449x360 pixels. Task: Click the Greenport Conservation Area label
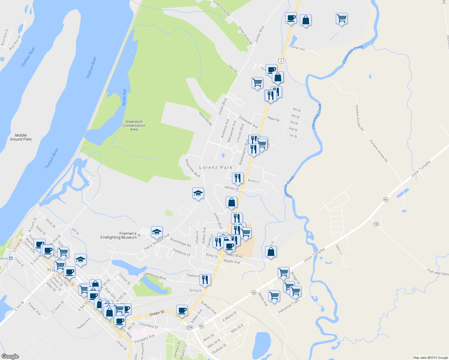point(134,125)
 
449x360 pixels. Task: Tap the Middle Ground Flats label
point(21,137)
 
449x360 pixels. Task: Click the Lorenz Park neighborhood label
point(216,167)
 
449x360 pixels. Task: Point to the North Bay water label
point(124,97)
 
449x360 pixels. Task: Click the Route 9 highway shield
point(281,61)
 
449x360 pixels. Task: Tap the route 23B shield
point(189,327)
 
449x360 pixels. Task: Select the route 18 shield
point(376,224)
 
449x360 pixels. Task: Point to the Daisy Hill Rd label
point(206,118)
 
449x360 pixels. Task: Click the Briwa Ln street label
point(254,181)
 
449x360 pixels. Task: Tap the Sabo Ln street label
point(339,250)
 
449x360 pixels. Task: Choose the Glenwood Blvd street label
point(155,276)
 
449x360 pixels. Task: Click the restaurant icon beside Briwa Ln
point(237,178)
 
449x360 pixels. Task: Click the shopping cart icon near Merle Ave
point(274,296)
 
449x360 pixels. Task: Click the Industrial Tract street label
point(289,307)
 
